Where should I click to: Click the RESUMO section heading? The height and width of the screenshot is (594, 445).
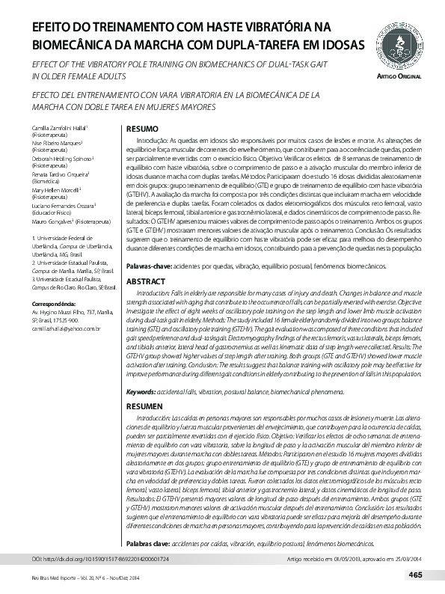click(x=142, y=129)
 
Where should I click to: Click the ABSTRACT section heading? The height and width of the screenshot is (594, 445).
click(x=146, y=281)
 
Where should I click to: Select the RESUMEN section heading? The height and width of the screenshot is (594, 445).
click(x=145, y=405)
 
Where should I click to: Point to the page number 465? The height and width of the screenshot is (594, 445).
click(x=417, y=575)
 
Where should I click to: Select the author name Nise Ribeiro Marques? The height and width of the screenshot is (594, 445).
click(x=55, y=142)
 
